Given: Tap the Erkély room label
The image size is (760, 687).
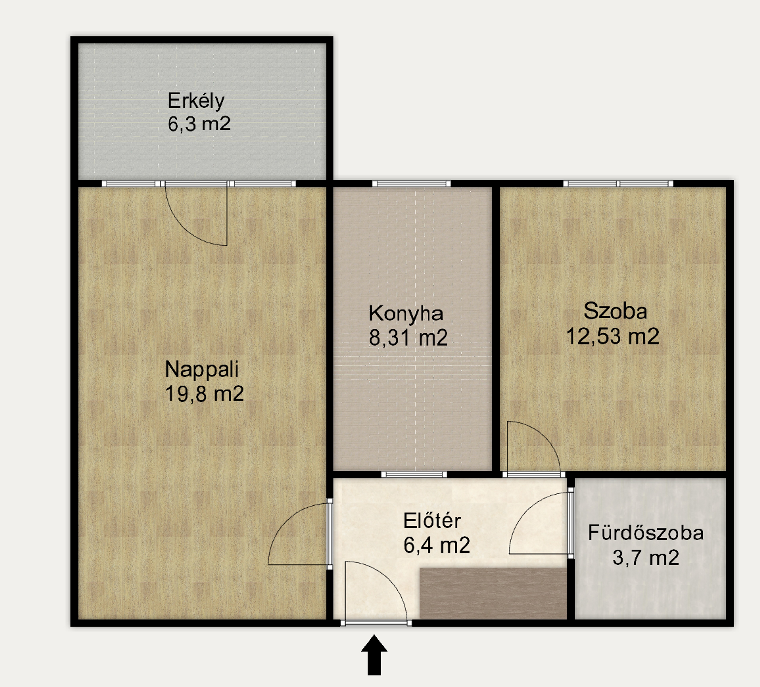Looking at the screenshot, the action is [x=196, y=101].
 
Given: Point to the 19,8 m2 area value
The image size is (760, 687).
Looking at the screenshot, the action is [x=204, y=394].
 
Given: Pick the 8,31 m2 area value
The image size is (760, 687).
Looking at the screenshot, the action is [x=408, y=337].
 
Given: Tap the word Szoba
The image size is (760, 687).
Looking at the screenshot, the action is [x=615, y=312].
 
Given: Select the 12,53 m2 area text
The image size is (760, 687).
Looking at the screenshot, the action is [x=613, y=336].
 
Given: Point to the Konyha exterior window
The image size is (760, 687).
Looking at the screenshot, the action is [x=412, y=184].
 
